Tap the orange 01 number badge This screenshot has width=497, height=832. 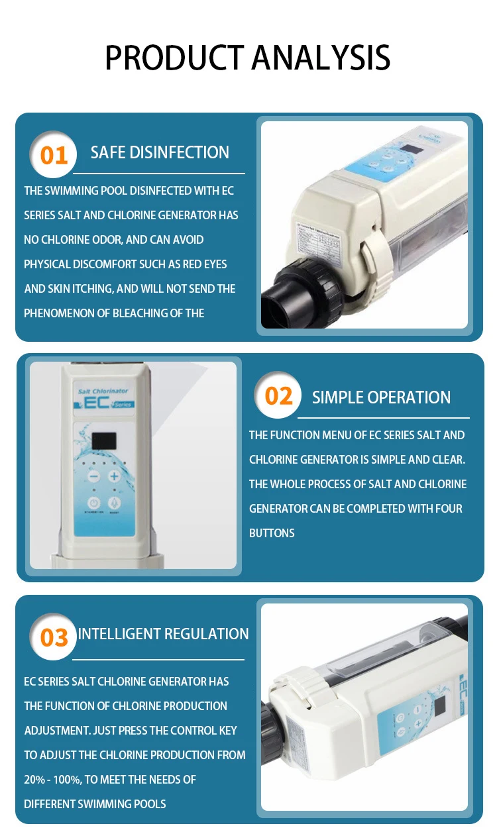coord(54,155)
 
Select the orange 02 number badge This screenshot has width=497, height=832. coord(278,395)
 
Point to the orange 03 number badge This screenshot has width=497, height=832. coord(54,637)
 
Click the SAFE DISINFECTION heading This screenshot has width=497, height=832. coord(160,152)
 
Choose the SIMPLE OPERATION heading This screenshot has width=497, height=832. coord(381,397)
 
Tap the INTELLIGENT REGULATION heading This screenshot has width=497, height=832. coord(163,634)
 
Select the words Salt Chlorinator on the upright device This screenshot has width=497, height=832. coord(103,391)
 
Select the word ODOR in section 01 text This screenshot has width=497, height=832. coord(125,240)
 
